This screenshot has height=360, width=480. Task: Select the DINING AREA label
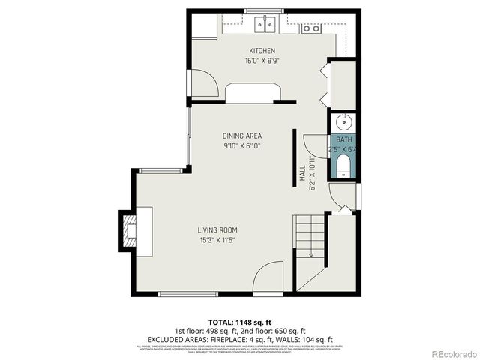[x=241, y=136]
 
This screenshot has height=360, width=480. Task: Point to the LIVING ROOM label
[x=217, y=229]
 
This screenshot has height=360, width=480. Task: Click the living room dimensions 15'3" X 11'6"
[x=217, y=240]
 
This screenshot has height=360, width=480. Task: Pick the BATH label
[x=343, y=140]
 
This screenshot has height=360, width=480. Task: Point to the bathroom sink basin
[x=344, y=122]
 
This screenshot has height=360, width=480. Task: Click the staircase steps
[x=309, y=237]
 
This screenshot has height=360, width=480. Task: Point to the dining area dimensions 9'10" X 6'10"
[x=241, y=146]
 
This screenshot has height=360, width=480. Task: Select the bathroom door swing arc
[x=313, y=140]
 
